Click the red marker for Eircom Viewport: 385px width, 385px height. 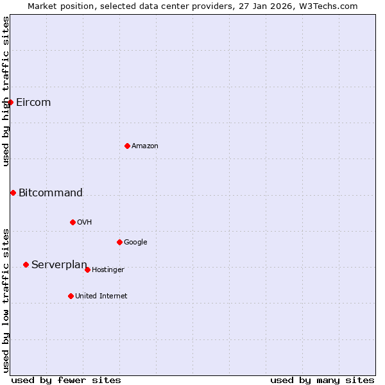[10, 102]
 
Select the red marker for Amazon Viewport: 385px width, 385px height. [127, 146]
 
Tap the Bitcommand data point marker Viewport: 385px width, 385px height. [13, 193]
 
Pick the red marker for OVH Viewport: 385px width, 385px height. [73, 222]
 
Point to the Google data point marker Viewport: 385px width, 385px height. [119, 242]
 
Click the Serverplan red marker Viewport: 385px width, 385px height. [26, 264]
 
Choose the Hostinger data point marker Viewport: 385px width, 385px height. [87, 269]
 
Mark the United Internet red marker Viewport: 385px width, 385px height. [71, 296]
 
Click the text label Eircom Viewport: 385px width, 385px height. [33, 103]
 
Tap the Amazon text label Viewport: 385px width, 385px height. [145, 146]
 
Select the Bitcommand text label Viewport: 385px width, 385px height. [51, 193]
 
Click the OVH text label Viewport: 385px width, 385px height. [85, 223]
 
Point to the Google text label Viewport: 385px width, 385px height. [135, 243]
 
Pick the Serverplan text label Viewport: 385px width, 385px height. [59, 265]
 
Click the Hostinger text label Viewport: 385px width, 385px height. [108, 270]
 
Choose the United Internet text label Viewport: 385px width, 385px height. [101, 296]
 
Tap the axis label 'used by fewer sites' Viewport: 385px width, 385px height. [66, 380]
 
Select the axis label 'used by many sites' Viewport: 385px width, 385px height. [322, 380]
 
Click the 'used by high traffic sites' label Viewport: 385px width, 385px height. [6, 91]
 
